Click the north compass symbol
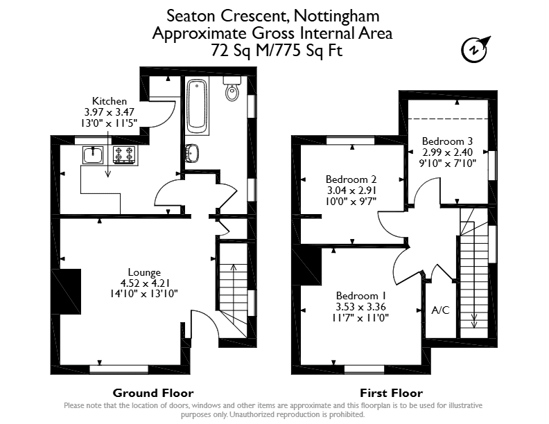click(475, 50)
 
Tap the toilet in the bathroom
click(232, 89)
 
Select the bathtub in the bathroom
click(197, 107)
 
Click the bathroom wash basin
click(191, 153)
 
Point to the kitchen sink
click(93, 155)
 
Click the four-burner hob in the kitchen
click(124, 155)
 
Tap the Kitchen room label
click(110, 101)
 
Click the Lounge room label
click(144, 272)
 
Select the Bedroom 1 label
click(361, 296)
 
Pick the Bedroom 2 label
click(351, 179)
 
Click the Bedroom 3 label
click(448, 141)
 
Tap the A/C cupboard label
click(440, 310)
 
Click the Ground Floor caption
click(153, 393)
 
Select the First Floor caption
click(392, 393)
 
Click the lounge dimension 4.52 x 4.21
click(145, 283)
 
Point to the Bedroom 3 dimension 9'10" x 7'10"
click(448, 163)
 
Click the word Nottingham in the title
click(336, 17)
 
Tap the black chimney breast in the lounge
click(66, 292)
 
